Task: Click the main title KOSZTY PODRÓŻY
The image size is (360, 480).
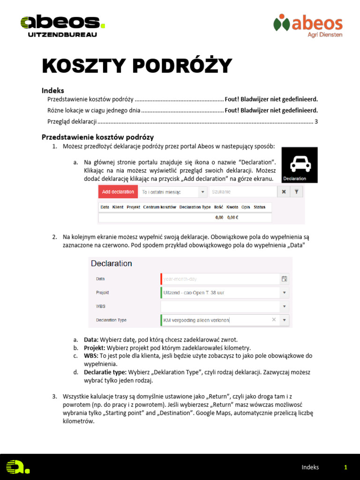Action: click(137, 67)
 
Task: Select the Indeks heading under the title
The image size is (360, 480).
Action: click(53, 90)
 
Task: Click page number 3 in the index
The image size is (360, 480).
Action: click(316, 121)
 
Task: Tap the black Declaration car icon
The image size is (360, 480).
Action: click(299, 165)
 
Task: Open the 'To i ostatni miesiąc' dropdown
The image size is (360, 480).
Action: click(173, 192)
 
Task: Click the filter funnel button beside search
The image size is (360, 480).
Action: click(297, 192)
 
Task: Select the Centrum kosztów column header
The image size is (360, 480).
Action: click(159, 207)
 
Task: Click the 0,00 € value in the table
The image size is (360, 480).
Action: click(233, 217)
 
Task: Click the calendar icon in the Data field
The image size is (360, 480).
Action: click(284, 279)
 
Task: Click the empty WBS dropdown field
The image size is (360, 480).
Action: click(220, 306)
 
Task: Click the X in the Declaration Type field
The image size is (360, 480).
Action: click(274, 320)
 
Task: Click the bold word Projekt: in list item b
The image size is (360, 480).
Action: click(95, 348)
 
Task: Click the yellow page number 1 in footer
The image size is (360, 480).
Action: click(345, 467)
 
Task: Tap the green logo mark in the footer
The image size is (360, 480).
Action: click(17, 466)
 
